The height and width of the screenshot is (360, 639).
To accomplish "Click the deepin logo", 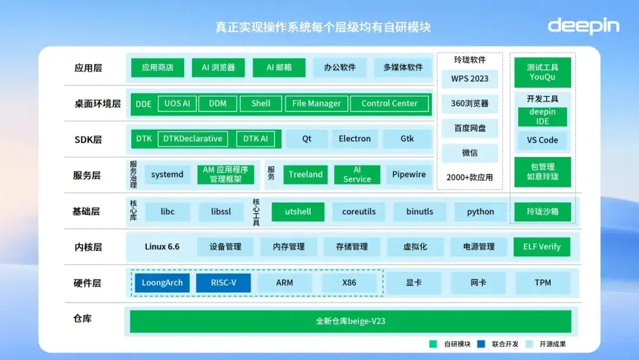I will point(583,26).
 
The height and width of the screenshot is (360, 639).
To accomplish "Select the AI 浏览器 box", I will point(218,67).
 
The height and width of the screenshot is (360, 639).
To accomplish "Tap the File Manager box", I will point(317,104).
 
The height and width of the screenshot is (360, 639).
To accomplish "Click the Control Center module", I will point(389,104).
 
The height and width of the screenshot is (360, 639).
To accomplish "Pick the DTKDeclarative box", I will point(193,139).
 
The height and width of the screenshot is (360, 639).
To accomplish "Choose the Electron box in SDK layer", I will point(354,139).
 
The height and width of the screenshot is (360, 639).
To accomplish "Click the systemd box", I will point(167,175).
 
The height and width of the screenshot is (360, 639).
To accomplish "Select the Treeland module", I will point(305,175).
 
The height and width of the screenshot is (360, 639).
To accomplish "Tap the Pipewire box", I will point(409,175).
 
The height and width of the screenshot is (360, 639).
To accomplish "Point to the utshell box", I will point(298,212).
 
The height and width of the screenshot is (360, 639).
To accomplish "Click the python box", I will point(480,212).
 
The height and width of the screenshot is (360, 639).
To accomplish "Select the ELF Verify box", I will point(541,247).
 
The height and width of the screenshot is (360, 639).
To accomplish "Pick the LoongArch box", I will point(162,283).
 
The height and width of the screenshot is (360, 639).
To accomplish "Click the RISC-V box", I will point(223,283).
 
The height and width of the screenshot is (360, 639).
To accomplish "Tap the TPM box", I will point(543,283).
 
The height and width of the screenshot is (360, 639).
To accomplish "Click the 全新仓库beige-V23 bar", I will point(350,322).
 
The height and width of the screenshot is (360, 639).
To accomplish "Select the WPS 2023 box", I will point(470,79).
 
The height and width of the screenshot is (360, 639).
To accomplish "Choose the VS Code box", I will point(542,140).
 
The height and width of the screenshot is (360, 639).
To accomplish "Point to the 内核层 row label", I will point(88,247).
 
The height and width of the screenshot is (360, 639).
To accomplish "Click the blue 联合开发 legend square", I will point(481,344).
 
